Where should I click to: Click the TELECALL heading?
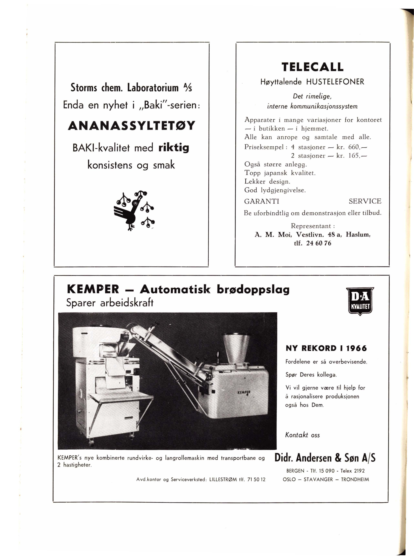312,67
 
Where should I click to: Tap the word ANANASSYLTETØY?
131,125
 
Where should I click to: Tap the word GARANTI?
262,201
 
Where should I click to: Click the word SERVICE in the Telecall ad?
365,201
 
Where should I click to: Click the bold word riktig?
174,148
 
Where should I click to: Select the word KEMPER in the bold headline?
93,290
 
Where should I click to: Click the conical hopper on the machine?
237,349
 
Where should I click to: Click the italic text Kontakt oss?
302,435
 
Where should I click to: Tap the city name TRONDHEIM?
355,479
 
